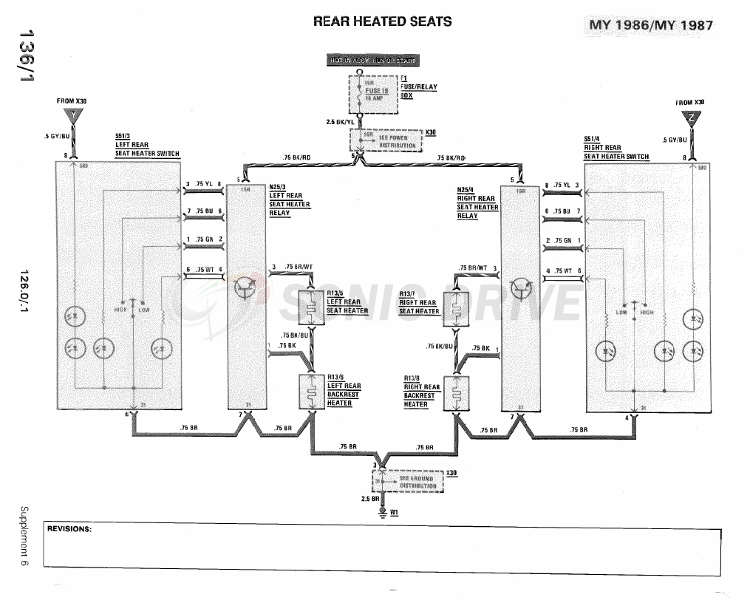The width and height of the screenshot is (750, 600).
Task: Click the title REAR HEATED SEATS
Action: (382, 21)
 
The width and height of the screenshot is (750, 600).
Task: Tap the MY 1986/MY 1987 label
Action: (651, 25)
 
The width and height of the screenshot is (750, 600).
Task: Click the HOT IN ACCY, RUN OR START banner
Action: (372, 61)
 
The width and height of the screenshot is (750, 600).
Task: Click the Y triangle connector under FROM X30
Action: (72, 116)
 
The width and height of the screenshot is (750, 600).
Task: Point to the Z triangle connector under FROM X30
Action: (689, 117)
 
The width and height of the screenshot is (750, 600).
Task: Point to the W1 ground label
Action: (395, 512)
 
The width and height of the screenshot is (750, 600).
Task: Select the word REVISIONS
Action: (69, 529)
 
